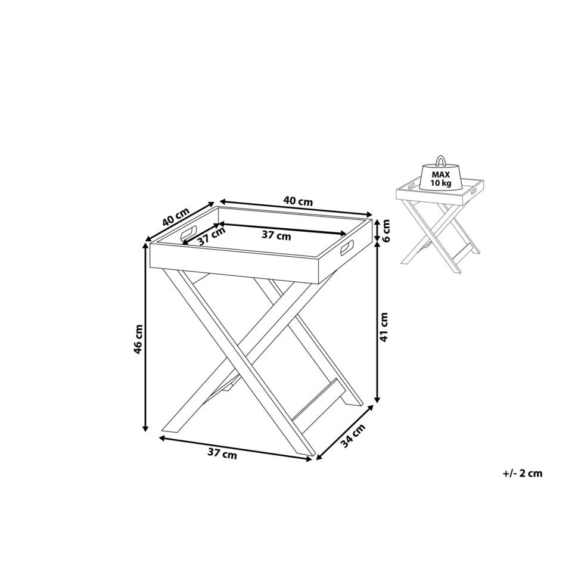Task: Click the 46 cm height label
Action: [x=138, y=339]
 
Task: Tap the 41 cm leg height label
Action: [x=385, y=327]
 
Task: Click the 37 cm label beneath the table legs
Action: [x=222, y=454]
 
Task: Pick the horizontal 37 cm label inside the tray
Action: [x=276, y=235]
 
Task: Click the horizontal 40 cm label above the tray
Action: [x=298, y=201]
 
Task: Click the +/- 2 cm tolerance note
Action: [x=523, y=474]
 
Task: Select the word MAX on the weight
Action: [x=441, y=174]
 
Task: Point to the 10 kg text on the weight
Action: [x=441, y=182]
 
